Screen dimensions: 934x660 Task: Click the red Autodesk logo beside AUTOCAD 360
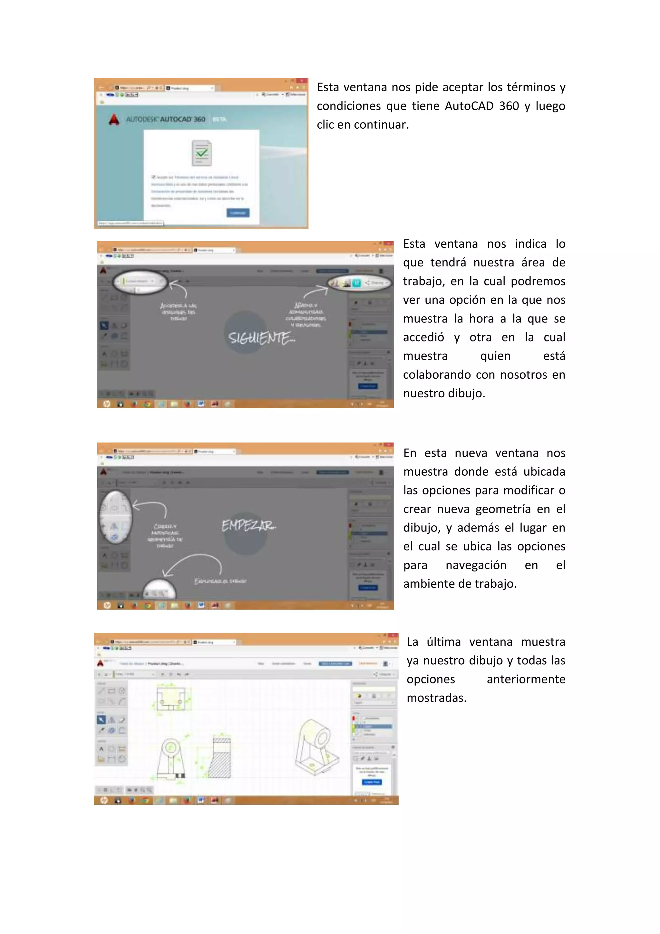114,119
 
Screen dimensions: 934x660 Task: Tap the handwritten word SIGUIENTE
261,338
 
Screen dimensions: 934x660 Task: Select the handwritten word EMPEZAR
248,526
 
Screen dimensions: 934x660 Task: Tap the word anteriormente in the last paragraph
526,679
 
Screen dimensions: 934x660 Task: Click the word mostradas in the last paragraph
436,698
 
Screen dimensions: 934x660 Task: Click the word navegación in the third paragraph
476,565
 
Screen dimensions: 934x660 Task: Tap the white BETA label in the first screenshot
219,120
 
